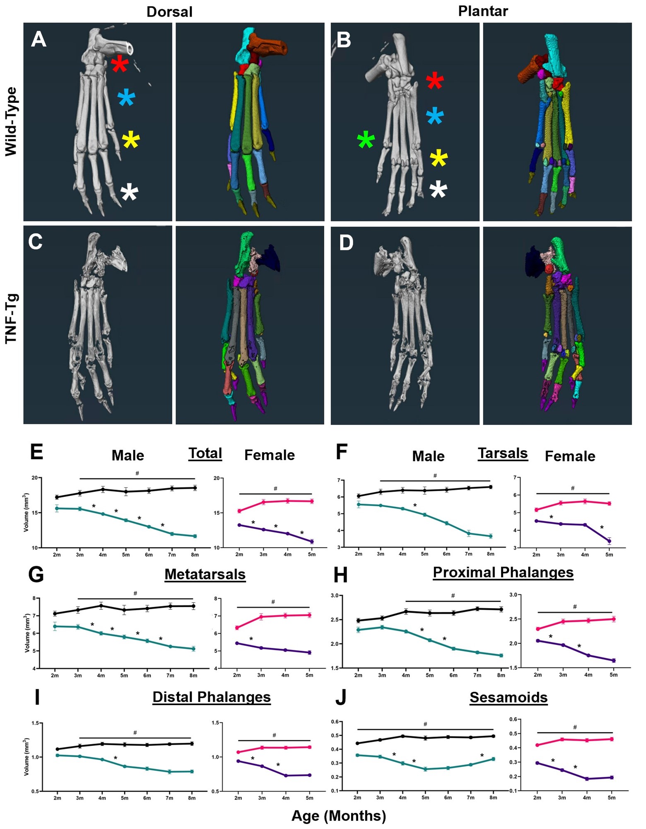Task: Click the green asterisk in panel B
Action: (366, 140)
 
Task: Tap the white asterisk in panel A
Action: (129, 193)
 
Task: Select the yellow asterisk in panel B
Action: (439, 159)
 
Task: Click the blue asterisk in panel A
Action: (126, 98)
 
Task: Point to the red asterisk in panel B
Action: (435, 81)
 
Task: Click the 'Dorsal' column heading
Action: (169, 12)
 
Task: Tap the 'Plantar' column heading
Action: (483, 11)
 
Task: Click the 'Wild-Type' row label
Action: (11, 121)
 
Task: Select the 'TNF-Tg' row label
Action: (11, 318)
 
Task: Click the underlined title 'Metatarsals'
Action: (205, 574)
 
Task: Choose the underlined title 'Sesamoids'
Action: (509, 697)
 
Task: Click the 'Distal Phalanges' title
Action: (212, 697)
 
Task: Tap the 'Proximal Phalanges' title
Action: (503, 572)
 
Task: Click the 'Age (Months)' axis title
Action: (339, 816)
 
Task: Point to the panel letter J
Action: (341, 698)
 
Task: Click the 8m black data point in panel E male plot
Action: (195, 488)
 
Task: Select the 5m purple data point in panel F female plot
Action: (609, 541)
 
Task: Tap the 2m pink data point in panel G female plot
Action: (237, 628)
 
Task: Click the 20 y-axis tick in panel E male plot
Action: (34, 478)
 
